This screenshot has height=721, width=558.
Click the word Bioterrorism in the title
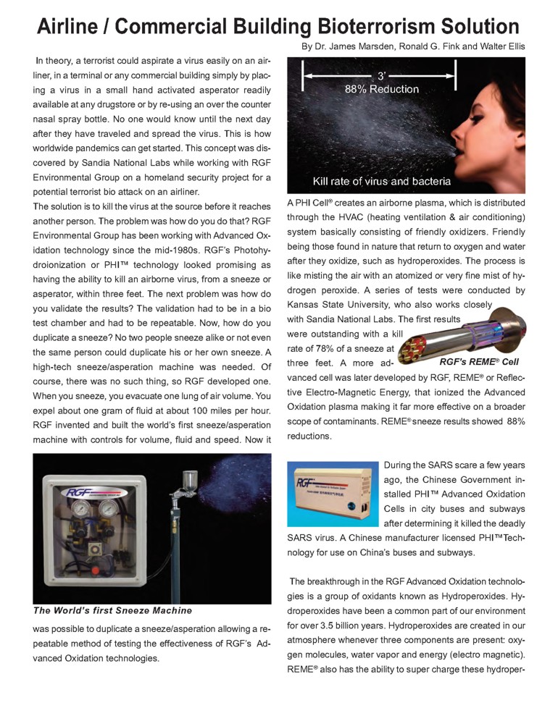[370, 27]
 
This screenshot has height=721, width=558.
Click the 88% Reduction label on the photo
[381, 89]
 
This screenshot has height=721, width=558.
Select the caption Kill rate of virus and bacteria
[381, 181]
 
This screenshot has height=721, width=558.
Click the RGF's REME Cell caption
[479, 361]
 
